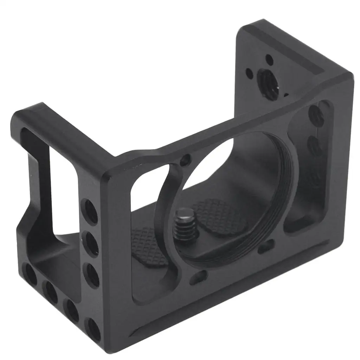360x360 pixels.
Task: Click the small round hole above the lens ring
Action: pyautogui.click(x=184, y=161)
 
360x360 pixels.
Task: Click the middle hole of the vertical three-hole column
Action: pyautogui.click(x=92, y=242)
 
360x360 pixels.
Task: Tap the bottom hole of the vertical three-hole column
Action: pyautogui.click(x=93, y=275)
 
